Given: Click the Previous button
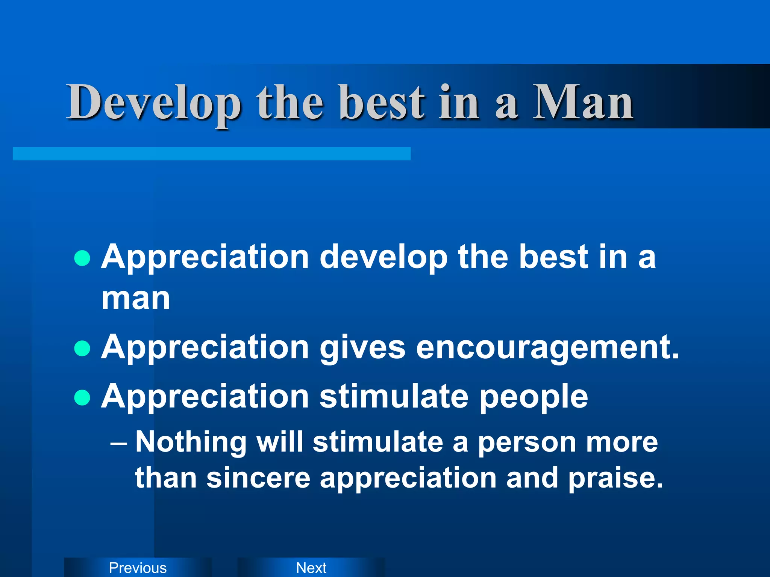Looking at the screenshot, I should [x=138, y=568].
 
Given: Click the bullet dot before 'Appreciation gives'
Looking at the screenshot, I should [x=82, y=348].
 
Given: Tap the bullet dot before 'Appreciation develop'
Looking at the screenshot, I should [x=82, y=258].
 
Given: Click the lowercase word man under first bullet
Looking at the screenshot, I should [x=136, y=299].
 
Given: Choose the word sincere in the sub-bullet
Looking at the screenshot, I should [x=258, y=478].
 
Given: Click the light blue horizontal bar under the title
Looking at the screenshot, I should [x=211, y=154].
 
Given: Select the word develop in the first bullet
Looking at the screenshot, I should [x=383, y=258].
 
